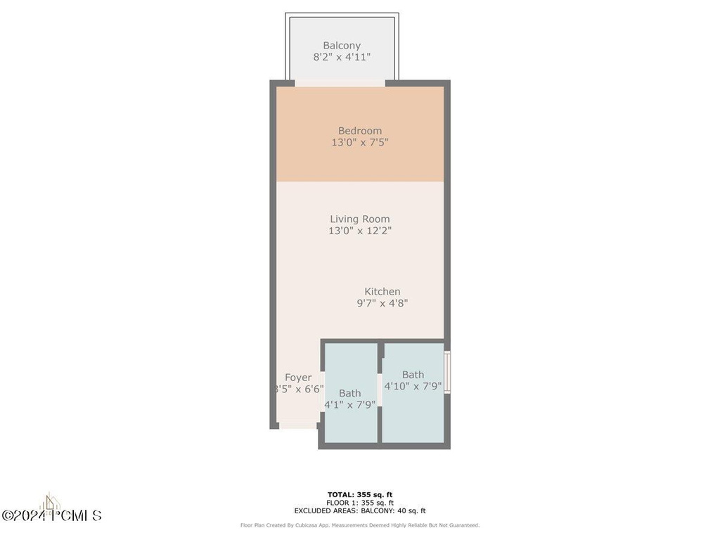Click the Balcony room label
click(342, 46)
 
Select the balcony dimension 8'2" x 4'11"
click(342, 58)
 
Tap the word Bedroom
click(360, 131)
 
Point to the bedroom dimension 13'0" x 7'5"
click(360, 143)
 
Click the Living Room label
click(360, 219)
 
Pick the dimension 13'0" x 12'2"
click(360, 231)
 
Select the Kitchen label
click(382, 292)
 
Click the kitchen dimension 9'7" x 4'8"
click(382, 304)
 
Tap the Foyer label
click(298, 378)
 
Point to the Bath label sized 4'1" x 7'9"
click(349, 393)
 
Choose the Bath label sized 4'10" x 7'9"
click(413, 375)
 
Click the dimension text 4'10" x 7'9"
click(413, 386)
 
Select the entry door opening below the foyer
click(298, 425)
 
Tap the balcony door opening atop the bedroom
click(340, 83)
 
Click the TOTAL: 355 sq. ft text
click(360, 494)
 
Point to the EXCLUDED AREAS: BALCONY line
click(360, 511)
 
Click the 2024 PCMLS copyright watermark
click(52, 515)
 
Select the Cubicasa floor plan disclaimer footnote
click(360, 525)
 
